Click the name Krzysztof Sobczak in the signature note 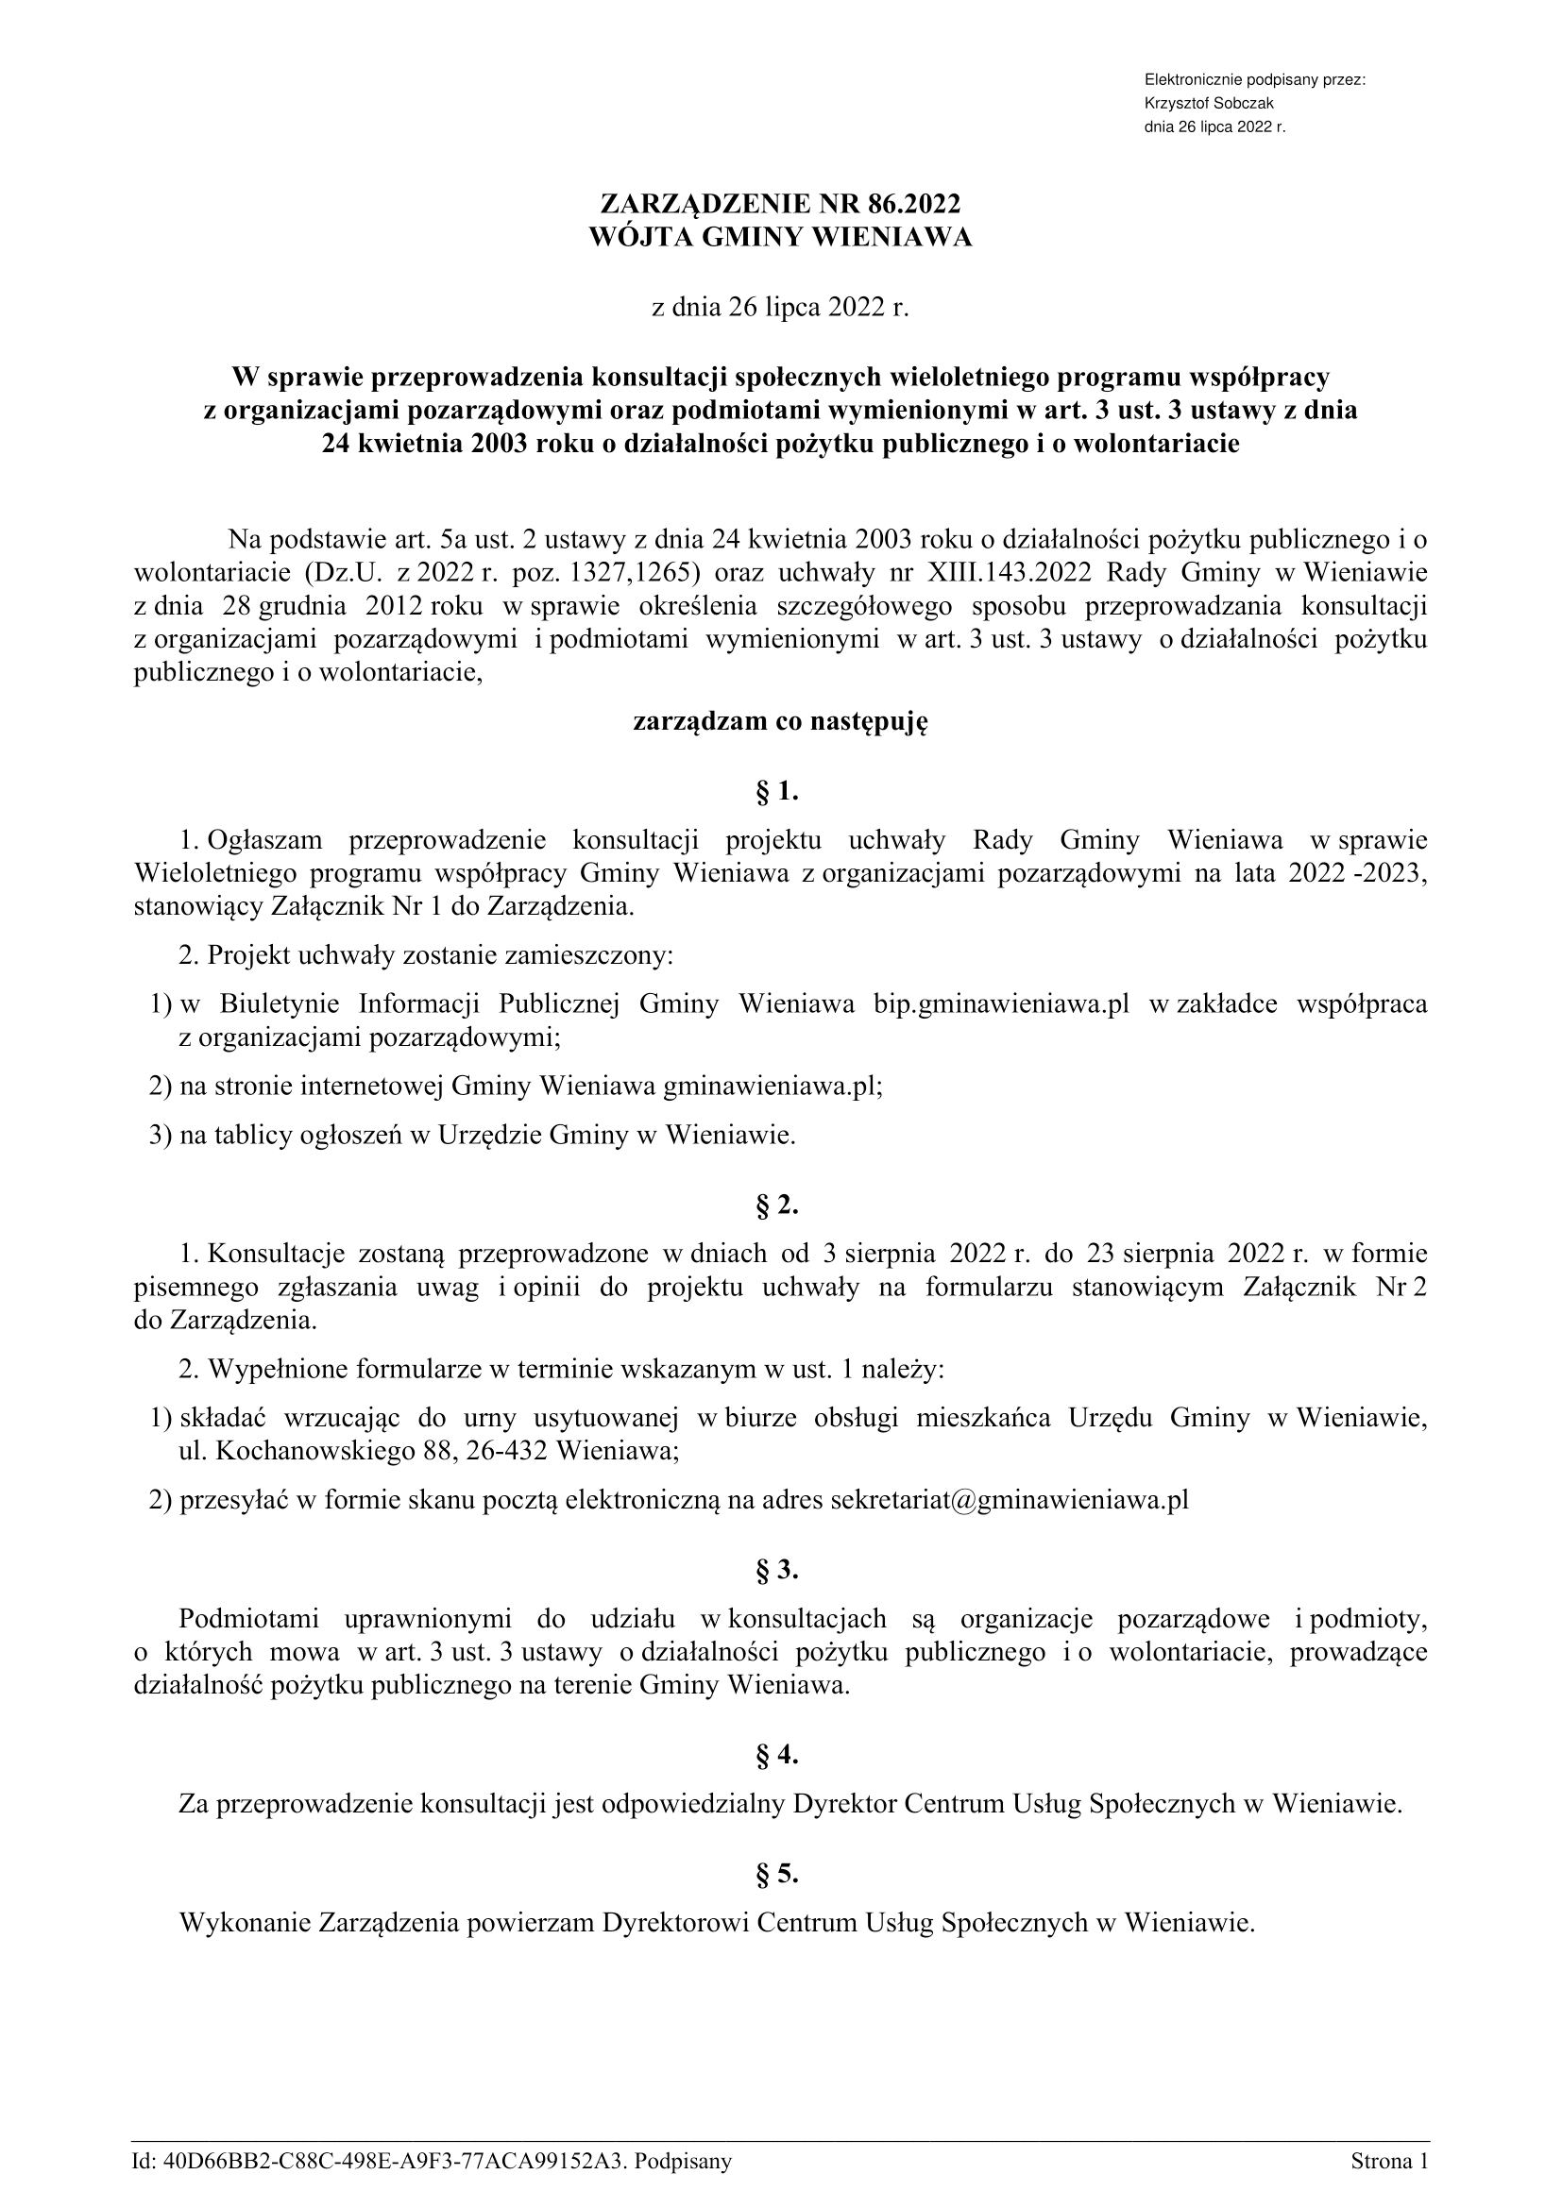click(x=1208, y=104)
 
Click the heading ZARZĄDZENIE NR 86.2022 click(x=780, y=204)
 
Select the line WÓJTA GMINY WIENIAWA click(x=780, y=238)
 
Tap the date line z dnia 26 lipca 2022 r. click(x=780, y=308)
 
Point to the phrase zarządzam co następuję click(x=780, y=722)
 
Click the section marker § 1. click(x=779, y=791)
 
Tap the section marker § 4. click(x=779, y=1755)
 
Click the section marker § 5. click(x=779, y=1873)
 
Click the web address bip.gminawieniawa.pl click(x=1000, y=1005)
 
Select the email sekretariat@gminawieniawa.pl click(x=1009, y=1500)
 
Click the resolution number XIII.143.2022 click(x=1009, y=573)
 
